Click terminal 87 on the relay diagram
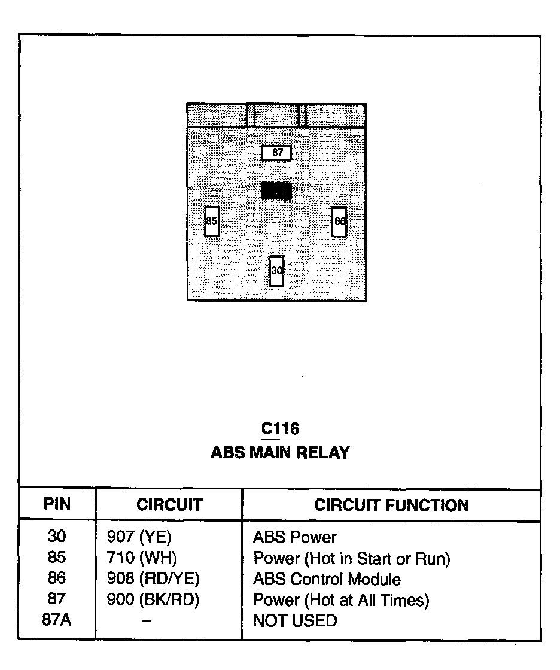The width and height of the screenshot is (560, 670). (x=276, y=153)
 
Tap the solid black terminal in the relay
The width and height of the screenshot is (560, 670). (x=276, y=191)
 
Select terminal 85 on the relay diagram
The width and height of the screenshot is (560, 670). (x=212, y=221)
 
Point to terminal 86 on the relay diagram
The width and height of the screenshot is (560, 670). (x=339, y=221)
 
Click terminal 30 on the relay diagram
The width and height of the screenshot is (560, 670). (x=276, y=271)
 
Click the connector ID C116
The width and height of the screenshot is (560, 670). (x=280, y=429)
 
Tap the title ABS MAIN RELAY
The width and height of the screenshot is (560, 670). (x=279, y=452)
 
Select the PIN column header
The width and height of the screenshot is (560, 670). (x=57, y=504)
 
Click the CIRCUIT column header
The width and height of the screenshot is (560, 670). (x=169, y=505)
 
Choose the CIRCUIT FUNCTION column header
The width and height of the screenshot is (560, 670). (x=391, y=505)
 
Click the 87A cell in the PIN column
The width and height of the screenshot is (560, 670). (x=57, y=620)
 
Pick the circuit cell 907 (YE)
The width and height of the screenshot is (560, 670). (x=138, y=537)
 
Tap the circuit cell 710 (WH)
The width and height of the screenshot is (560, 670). (x=141, y=558)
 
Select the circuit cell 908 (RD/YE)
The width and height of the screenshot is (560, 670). (x=153, y=578)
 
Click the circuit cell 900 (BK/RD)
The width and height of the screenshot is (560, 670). (x=153, y=599)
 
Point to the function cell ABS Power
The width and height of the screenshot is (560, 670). (x=294, y=537)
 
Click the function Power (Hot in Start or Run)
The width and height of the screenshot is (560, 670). (x=351, y=558)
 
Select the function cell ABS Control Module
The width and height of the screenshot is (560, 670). (x=327, y=579)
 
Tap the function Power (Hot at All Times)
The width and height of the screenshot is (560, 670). (x=341, y=599)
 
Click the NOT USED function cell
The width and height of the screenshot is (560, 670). (x=295, y=620)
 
